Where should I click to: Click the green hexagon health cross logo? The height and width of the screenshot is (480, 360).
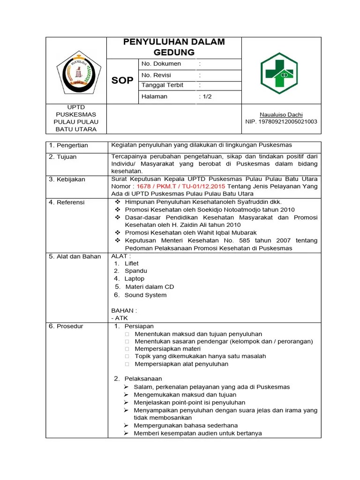click(281, 73)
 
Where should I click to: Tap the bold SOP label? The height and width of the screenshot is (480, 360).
click(122, 81)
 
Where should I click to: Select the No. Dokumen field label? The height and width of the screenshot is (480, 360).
click(161, 64)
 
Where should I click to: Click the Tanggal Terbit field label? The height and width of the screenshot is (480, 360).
click(162, 85)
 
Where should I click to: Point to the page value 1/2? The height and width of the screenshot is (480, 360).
click(206, 97)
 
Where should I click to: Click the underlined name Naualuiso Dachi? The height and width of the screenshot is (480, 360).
click(281, 114)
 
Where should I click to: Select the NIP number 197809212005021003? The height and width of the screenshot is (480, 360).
click(281, 121)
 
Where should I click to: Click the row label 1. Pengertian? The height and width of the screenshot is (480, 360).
click(68, 145)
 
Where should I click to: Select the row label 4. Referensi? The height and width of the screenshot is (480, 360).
click(67, 202)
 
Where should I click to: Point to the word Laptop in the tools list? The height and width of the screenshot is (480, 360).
click(134, 278)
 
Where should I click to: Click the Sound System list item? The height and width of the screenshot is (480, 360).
click(145, 295)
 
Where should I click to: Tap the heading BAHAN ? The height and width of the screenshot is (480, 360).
click(124, 310)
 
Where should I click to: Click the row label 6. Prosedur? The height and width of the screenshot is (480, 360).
click(66, 326)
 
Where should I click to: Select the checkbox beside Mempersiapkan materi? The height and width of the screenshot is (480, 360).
click(127, 349)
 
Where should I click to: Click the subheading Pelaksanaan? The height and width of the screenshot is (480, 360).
click(143, 379)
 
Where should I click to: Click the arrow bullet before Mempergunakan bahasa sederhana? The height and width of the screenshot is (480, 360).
click(127, 426)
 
